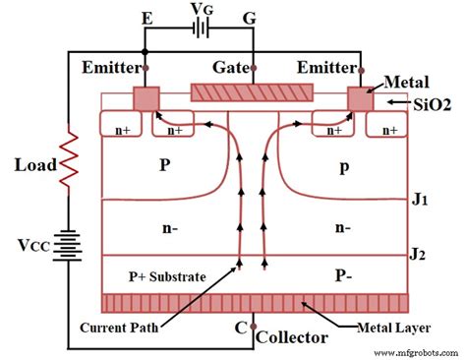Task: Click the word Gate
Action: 232,68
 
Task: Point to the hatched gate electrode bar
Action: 253,91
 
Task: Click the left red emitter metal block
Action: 146,98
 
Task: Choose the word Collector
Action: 292,337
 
